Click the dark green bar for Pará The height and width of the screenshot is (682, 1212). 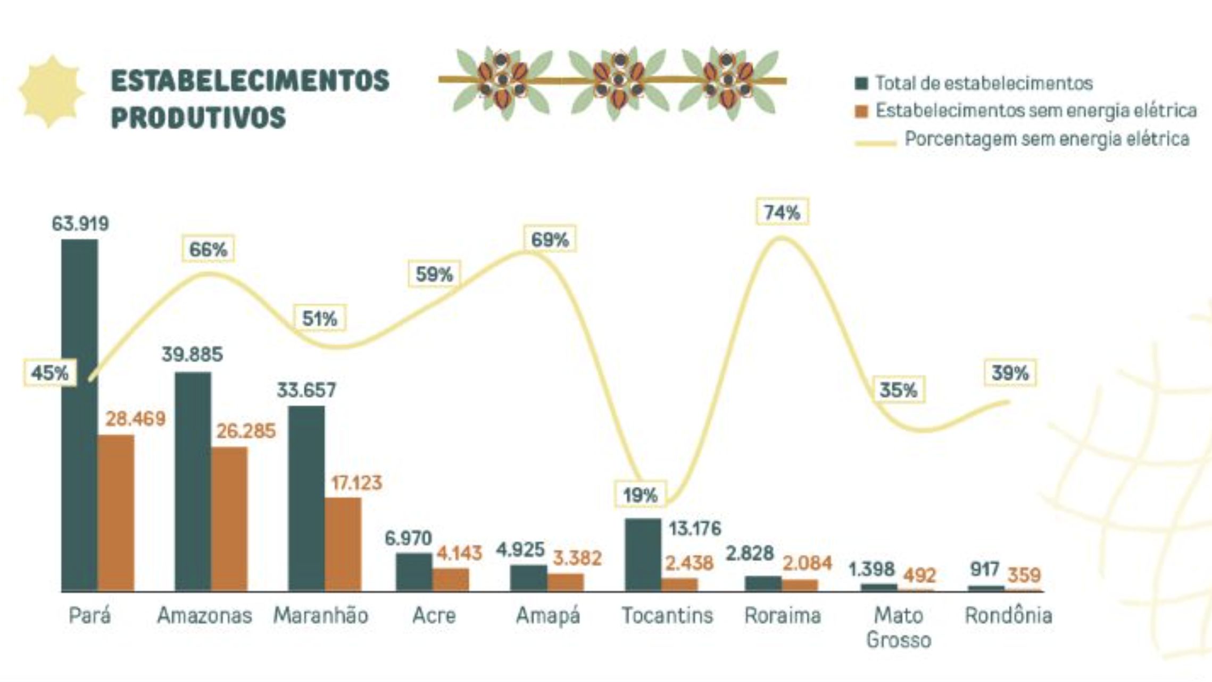click(80, 415)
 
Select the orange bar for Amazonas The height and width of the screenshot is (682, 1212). click(229, 519)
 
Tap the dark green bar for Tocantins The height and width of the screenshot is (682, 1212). click(643, 554)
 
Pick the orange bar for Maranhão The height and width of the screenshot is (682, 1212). click(343, 544)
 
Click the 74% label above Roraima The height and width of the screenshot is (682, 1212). click(782, 212)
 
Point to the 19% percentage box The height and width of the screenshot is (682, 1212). click(640, 495)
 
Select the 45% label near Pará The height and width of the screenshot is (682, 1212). click(49, 373)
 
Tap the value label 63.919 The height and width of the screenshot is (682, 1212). click(80, 224)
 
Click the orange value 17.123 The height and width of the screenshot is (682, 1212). click(356, 483)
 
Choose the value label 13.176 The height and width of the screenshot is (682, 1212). click(694, 529)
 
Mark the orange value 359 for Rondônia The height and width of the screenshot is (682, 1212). click(1024, 575)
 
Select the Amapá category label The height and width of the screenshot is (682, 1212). click(548, 616)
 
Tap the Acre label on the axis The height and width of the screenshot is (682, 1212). click(434, 616)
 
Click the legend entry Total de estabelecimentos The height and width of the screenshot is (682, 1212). click(983, 84)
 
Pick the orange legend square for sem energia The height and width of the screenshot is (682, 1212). click(861, 111)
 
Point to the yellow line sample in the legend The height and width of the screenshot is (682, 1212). click(875, 143)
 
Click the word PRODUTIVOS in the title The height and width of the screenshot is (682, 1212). click(198, 118)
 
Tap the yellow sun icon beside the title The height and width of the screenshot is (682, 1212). click(51, 92)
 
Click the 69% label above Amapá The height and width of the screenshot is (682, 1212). click(550, 240)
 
